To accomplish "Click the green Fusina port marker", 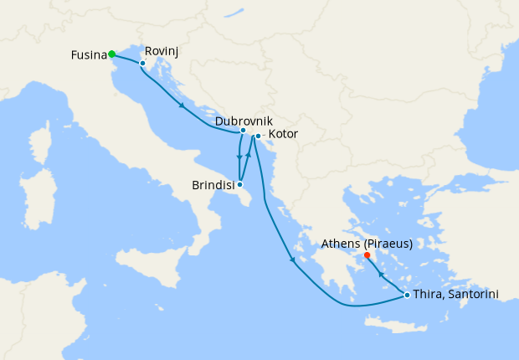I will (x=111, y=54).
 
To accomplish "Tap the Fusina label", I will (x=89, y=55).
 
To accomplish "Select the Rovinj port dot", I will (x=142, y=64).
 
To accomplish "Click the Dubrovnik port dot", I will (x=243, y=131).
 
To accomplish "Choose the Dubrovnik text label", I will (x=244, y=121).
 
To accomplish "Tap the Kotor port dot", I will (x=258, y=136).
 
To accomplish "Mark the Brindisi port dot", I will (x=240, y=184).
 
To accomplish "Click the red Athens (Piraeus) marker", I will (x=367, y=255).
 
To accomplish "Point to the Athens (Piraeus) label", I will (x=367, y=244).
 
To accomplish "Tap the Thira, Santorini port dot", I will (x=407, y=295).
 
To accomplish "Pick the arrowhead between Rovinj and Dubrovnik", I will (x=182, y=105).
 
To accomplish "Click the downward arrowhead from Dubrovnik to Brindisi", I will (x=239, y=157).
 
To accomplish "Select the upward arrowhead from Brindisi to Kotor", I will (x=249, y=157).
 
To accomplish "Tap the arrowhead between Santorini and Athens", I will (x=381, y=274).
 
